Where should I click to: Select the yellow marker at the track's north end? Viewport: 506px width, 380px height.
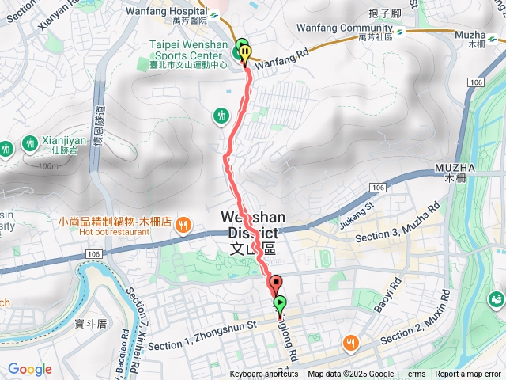pos(246,55)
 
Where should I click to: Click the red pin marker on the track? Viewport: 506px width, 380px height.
pos(276,283)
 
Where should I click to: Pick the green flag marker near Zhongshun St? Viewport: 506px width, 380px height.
pos(280,304)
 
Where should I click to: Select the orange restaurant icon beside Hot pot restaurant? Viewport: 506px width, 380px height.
pos(183,225)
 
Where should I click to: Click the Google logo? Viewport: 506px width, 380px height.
pos(30,370)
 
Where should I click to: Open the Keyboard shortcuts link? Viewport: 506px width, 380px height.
pos(264,374)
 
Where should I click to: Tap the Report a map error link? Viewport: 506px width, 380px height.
pos(468,374)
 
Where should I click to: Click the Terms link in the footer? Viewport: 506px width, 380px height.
pos(414,374)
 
